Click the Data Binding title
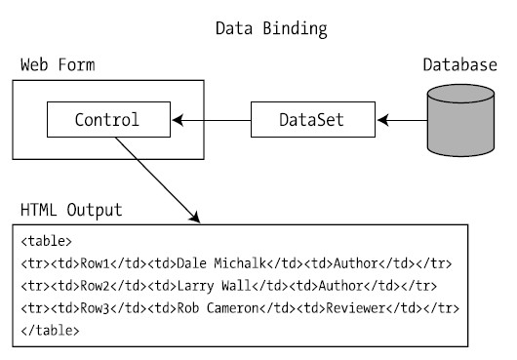pos(271,29)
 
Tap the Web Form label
pos(58,64)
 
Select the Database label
pos(460,64)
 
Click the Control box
pos(109,119)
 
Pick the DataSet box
pos(313,119)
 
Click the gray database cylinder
pos(460,120)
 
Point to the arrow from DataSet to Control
pos(212,120)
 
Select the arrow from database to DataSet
pos(402,120)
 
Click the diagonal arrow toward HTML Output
pos(158,180)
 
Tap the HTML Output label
pos(71,210)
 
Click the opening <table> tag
pos(46,241)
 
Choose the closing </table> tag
pos(50,331)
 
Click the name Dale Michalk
pos(221,263)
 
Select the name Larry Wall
pos(214,286)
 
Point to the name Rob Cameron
pos(218,308)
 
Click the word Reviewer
pos(356,308)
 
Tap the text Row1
pos(95,263)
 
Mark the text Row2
pos(95,286)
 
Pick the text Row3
pos(95,308)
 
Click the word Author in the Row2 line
pos(341,286)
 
